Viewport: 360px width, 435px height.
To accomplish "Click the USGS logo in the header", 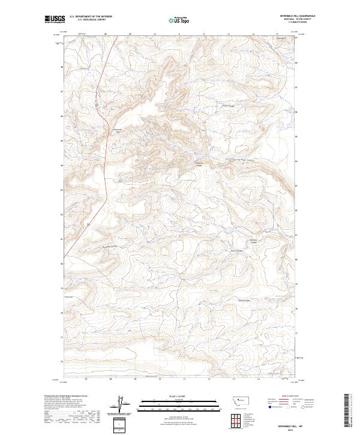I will click(x=53, y=19).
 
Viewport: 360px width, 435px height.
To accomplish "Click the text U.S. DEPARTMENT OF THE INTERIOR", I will click(x=91, y=17).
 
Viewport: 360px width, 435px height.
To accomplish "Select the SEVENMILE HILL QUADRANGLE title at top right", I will click(x=298, y=16).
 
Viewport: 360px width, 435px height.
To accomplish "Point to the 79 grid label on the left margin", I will click(x=61, y=289).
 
